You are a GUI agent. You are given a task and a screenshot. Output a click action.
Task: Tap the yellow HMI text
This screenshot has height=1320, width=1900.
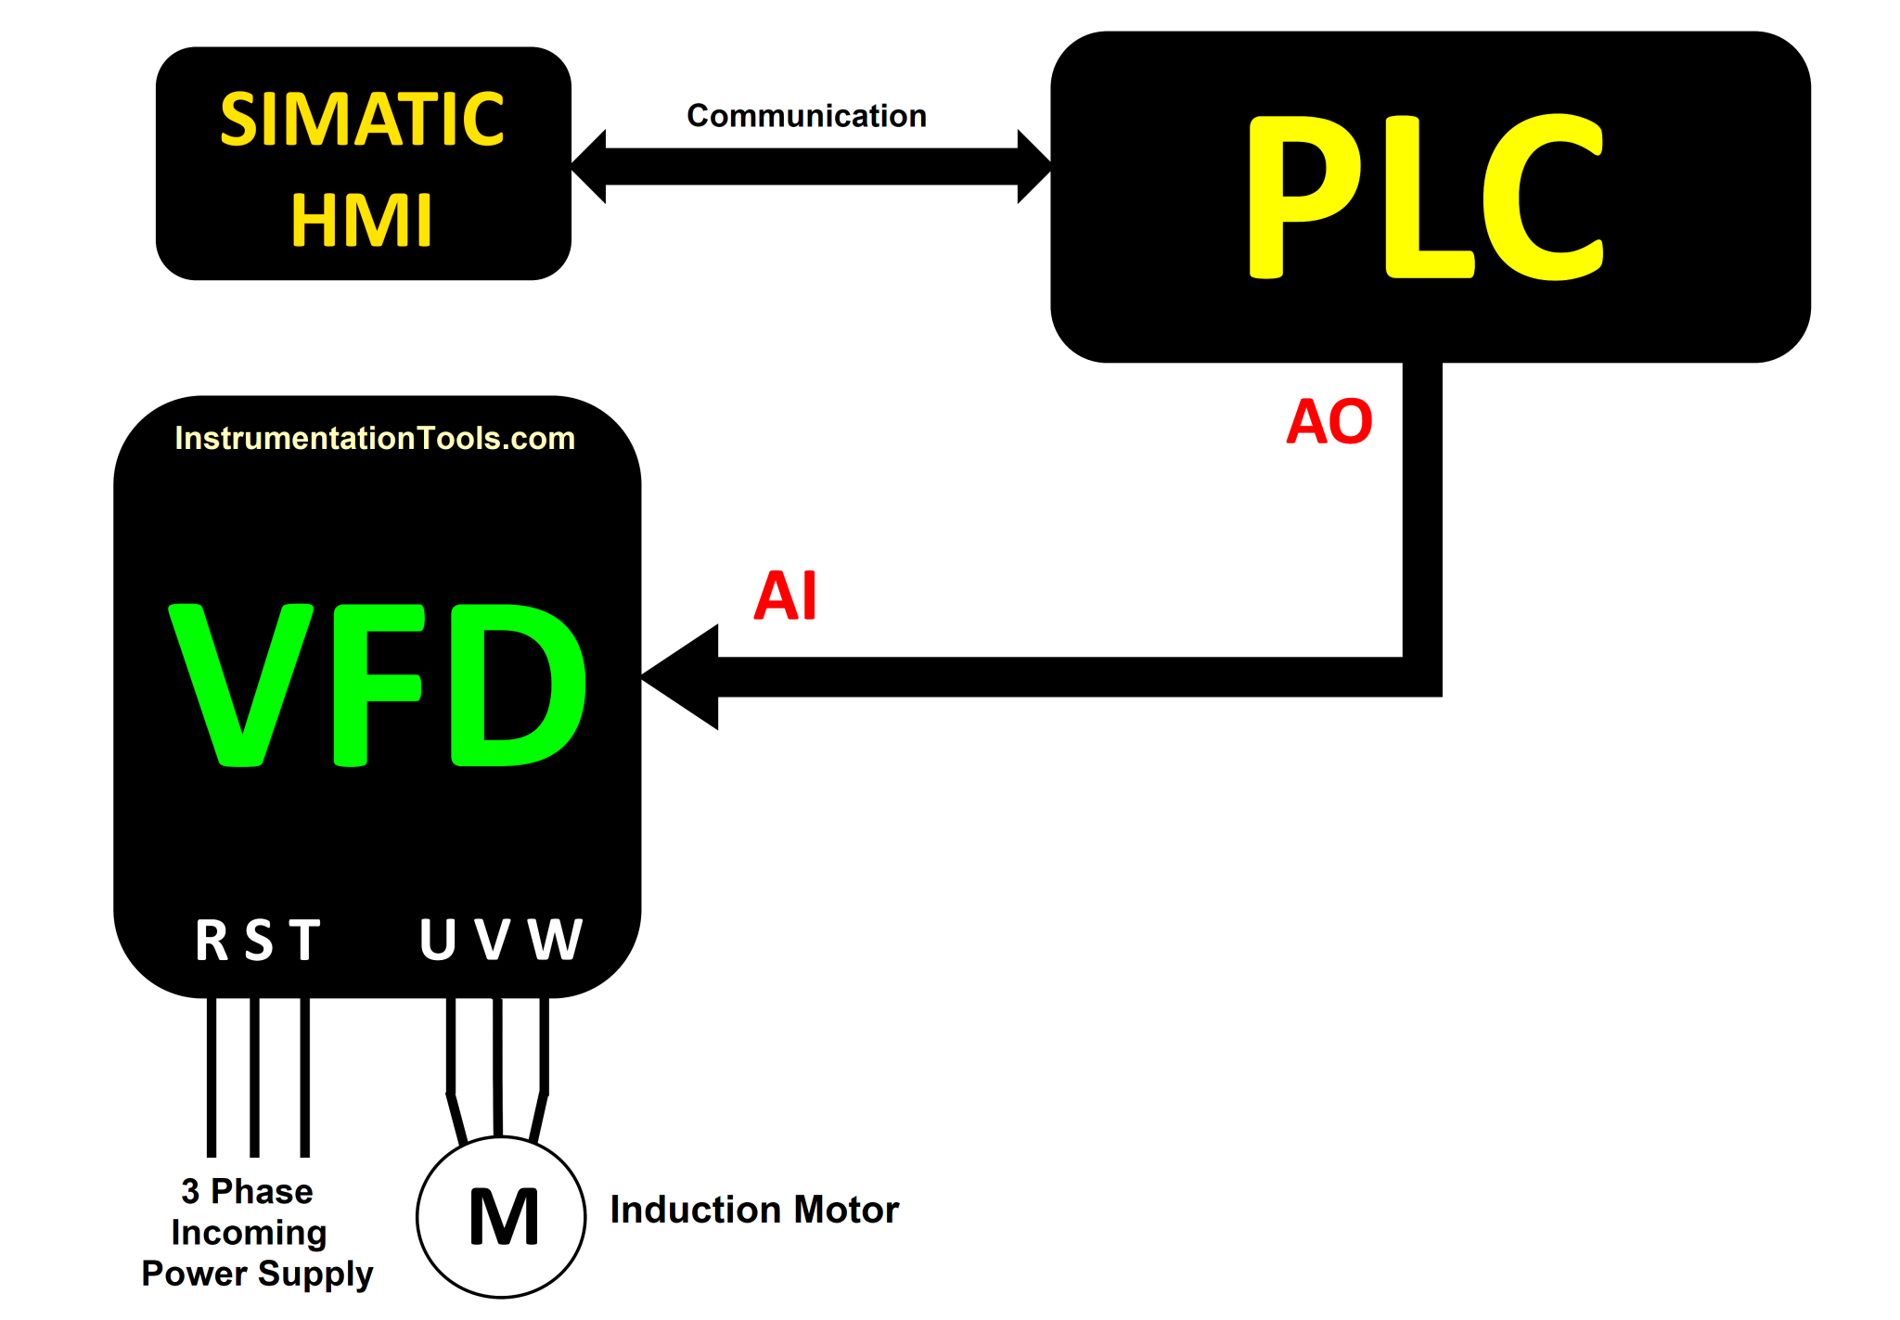(x=362, y=221)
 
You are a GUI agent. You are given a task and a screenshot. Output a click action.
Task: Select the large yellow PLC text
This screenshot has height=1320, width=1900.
(x=1426, y=197)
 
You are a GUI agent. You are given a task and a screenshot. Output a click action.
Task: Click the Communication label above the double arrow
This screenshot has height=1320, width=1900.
(x=806, y=116)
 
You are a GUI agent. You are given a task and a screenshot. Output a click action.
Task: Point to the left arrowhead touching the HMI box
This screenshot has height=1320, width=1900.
(x=590, y=166)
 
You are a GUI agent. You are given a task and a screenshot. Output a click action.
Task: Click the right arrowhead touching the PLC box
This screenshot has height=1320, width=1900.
(x=1033, y=166)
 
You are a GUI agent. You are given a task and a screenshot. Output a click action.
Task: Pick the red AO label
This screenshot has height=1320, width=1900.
(x=1329, y=422)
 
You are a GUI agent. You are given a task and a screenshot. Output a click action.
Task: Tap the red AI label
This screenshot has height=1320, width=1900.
(x=785, y=596)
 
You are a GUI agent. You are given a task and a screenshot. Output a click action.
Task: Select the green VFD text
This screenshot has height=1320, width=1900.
(x=379, y=685)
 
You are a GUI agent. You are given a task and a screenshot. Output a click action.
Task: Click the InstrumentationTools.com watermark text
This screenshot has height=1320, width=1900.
(x=375, y=438)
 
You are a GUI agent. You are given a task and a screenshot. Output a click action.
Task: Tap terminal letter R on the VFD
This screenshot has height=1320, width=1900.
(x=212, y=940)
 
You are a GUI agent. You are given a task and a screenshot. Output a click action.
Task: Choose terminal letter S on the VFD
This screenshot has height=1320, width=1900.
(x=259, y=940)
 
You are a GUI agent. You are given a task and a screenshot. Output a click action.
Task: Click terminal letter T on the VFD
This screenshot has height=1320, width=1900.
(x=304, y=940)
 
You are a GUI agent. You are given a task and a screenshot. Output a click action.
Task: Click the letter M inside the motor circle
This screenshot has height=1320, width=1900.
(x=503, y=1216)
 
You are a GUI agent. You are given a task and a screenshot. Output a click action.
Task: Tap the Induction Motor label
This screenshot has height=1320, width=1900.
(x=754, y=1210)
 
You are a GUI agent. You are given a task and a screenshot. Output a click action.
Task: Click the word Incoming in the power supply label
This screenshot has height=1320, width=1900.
(x=249, y=1233)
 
